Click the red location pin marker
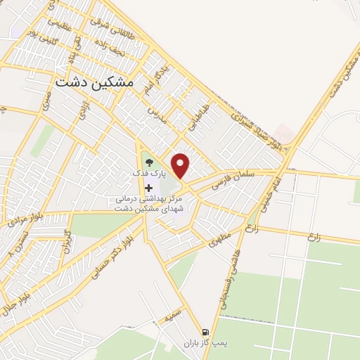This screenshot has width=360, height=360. coord(181,166)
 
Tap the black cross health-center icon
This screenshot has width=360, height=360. coord(148,188)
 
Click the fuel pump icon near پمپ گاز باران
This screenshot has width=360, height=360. coord(205,332)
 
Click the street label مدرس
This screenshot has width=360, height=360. coord(157,114)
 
